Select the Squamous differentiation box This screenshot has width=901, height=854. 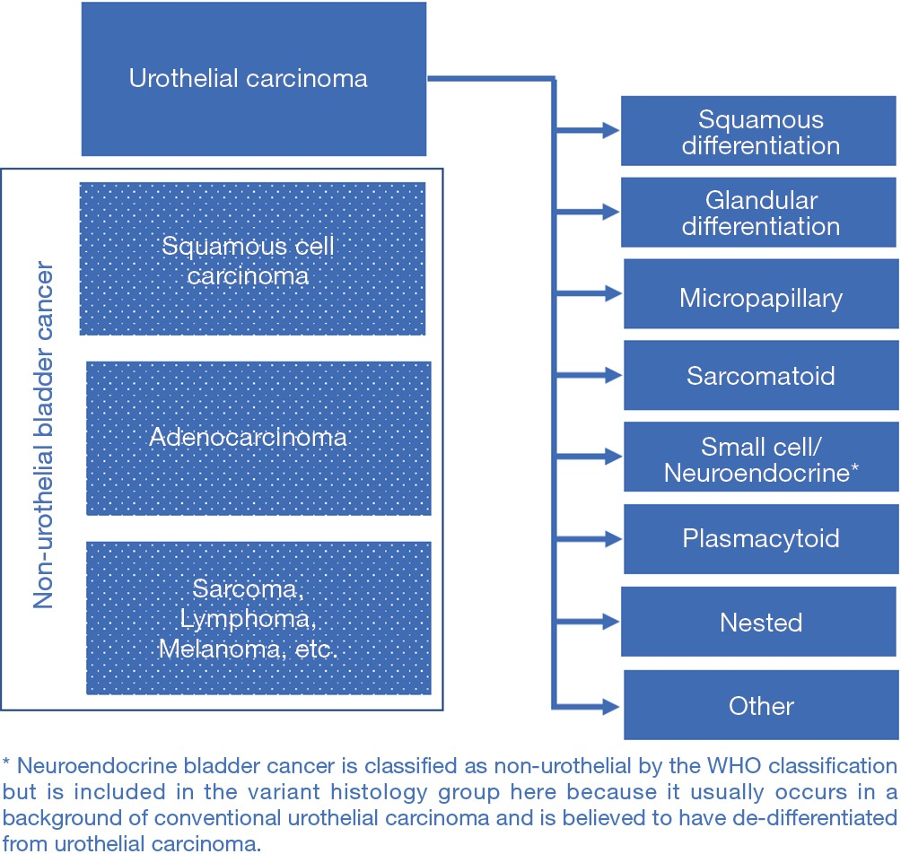[760, 132]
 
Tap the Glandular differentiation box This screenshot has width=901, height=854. [760, 213]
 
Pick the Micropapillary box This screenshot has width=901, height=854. [760, 297]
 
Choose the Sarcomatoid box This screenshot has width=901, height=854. [760, 375]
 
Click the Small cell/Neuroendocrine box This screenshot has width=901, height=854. [760, 458]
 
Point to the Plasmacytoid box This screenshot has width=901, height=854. [760, 538]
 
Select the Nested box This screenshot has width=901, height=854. [760, 622]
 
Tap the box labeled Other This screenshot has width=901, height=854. [760, 705]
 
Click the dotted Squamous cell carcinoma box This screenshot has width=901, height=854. [252, 258]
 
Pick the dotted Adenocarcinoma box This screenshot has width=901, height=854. [258, 438]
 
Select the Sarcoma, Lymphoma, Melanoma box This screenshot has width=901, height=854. [258, 618]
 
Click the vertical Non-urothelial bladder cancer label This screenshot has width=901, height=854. [44, 436]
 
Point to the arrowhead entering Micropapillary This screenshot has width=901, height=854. [613, 293]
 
